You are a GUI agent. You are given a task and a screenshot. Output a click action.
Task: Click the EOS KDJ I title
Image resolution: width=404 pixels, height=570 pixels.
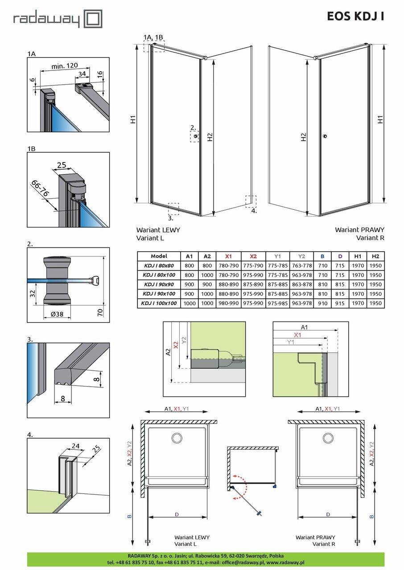coord(355,16)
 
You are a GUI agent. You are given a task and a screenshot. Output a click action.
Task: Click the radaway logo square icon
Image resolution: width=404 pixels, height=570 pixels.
coord(93,20)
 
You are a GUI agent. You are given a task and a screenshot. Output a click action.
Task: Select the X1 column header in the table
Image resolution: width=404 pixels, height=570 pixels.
coord(228,256)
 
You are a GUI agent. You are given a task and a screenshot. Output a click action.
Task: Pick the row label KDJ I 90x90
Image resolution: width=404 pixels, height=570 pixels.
coord(159,285)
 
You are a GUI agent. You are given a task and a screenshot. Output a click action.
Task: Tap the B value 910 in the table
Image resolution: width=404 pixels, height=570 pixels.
coord(323,303)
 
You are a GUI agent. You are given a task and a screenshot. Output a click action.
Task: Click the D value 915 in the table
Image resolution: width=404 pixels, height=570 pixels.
coord(340,303)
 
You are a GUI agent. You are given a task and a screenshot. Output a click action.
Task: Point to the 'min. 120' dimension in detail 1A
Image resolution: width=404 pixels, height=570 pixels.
coord(63,65)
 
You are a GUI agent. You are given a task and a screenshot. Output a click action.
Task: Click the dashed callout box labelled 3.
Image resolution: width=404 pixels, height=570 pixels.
coord(173,209)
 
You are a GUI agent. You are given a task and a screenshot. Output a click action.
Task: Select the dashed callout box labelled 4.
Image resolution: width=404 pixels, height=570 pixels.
coord(251,201)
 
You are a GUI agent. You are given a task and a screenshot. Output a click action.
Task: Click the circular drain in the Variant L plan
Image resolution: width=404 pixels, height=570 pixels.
coord(177,439)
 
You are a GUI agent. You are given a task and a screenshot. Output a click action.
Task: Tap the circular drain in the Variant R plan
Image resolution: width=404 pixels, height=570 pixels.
coord(328,439)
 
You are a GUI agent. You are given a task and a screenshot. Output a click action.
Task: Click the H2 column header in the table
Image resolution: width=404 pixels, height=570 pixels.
coord(375,256)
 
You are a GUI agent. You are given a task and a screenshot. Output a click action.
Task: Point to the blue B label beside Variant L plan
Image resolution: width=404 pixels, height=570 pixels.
coord(129,517)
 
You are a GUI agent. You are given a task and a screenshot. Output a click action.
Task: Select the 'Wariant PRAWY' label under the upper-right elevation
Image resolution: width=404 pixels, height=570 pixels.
coord(359,230)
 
